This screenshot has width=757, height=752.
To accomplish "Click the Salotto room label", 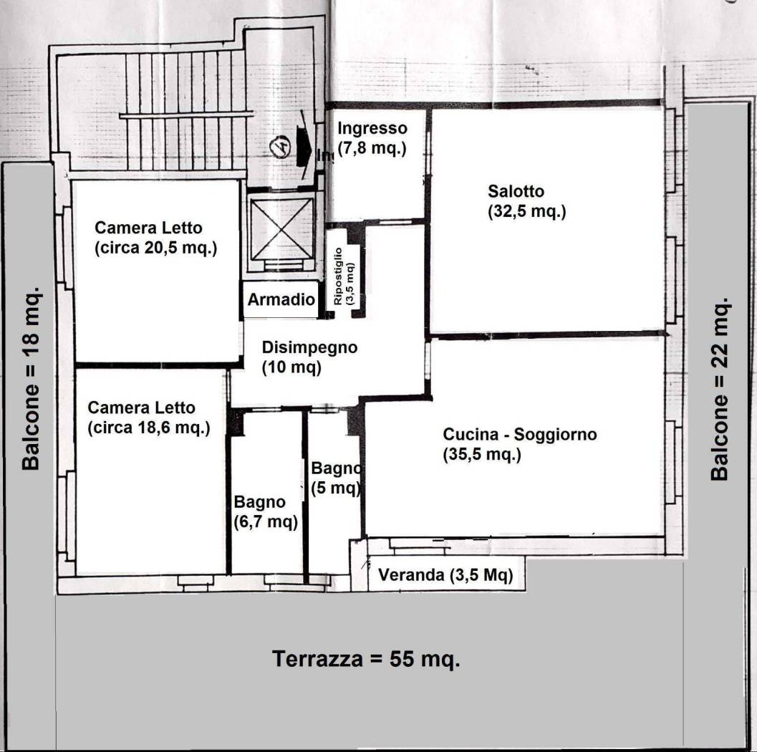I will coord(516,191).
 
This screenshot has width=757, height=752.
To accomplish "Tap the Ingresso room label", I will coord(372,129).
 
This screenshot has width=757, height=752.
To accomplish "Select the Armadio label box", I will coord(280,300).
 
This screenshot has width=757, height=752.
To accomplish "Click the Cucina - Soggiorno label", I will coord(519,434).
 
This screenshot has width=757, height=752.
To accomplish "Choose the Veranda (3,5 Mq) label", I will coord(445,575).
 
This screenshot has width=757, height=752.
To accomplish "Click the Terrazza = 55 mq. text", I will coord(366,659).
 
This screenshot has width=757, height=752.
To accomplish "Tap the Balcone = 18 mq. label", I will coord(31,380).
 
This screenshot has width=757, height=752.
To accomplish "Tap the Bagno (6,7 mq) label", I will coord(265,513).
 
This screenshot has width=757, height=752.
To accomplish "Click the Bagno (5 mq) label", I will coord(335,479).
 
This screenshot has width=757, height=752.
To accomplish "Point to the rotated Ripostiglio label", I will coord(343,276).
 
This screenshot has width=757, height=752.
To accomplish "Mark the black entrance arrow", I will coord(304,148).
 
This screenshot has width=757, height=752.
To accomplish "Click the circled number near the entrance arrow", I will coord(281,148).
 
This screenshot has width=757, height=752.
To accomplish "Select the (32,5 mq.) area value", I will coord(527,212).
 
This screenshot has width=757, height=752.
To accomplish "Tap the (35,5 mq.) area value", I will coord(481,455).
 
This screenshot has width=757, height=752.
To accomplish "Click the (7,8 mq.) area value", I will coord(372,149).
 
